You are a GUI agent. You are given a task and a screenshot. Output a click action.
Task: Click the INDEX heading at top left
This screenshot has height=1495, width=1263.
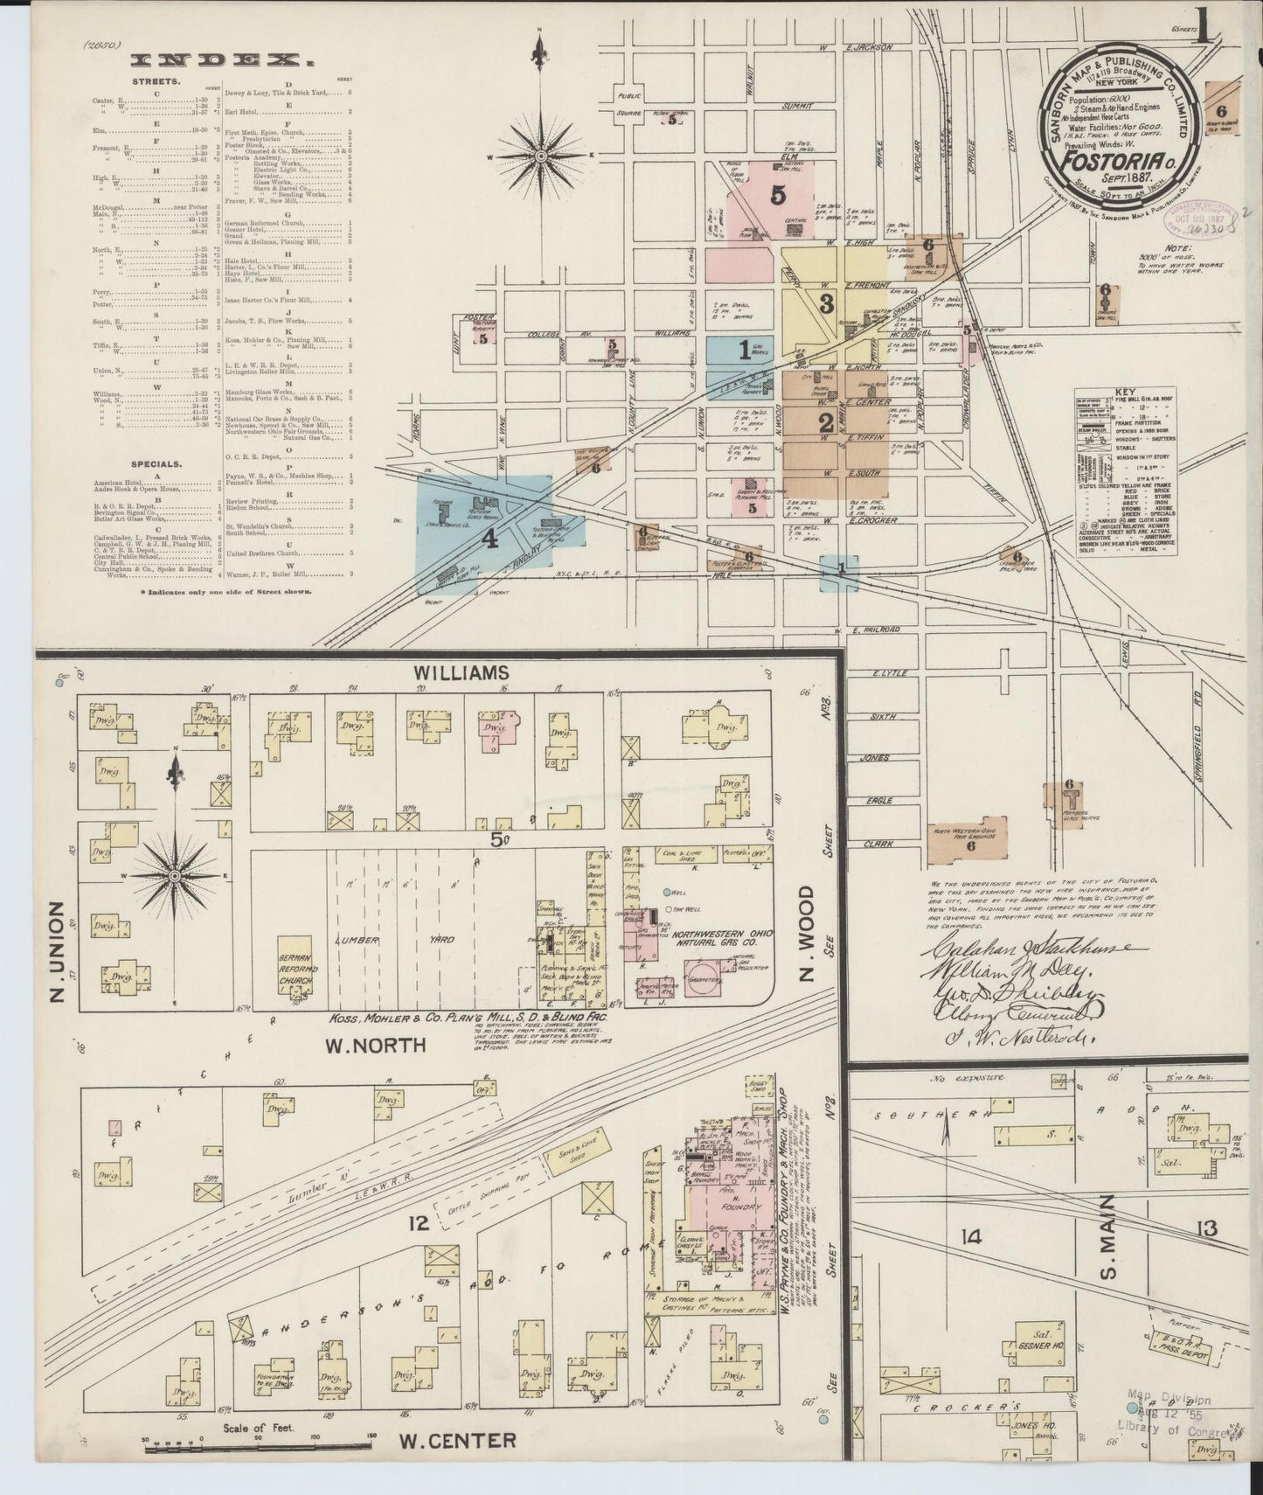(222, 59)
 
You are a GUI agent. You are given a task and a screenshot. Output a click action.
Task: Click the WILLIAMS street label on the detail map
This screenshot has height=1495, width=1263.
(462, 672)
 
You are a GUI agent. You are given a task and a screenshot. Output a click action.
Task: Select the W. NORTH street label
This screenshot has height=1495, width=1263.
(375, 1045)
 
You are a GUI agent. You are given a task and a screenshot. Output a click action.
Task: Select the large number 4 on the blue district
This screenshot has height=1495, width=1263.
(490, 540)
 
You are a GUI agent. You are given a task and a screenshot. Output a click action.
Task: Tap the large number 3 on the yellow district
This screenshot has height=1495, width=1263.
(825, 304)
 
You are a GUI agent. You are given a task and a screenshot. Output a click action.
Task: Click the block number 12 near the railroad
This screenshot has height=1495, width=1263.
(420, 1222)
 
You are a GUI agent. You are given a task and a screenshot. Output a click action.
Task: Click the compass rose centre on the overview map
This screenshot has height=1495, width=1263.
(541, 156)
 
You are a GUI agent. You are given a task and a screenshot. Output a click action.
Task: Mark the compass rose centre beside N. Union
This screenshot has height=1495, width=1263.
(175, 875)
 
